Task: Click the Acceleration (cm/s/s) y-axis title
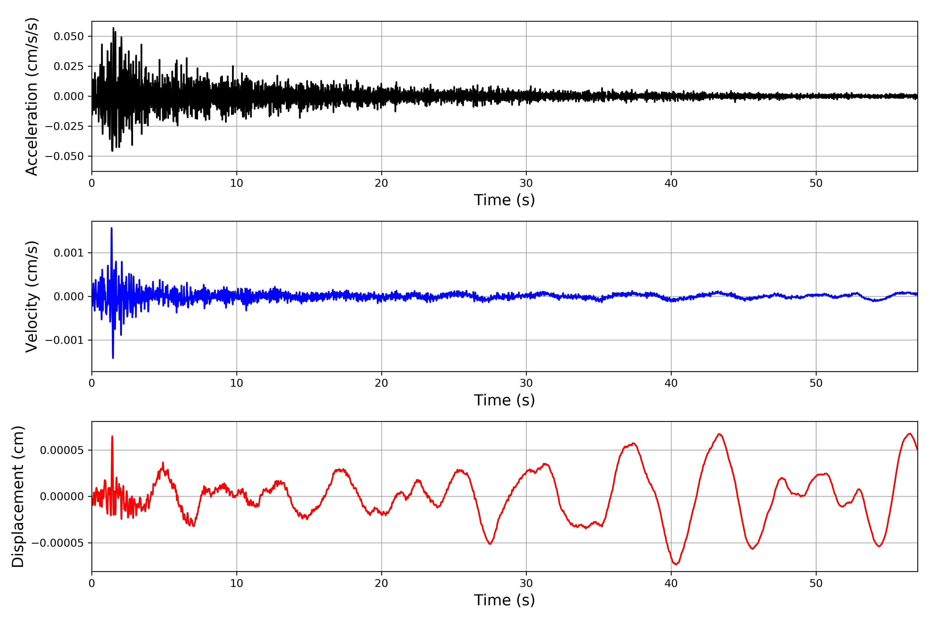click(32, 96)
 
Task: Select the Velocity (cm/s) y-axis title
click(32, 297)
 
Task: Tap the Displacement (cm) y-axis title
click(18, 497)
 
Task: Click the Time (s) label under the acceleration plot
click(504, 200)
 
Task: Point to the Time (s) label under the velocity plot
click(504, 400)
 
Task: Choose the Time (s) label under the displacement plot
click(504, 600)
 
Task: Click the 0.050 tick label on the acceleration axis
click(69, 36)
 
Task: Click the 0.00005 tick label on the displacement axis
click(62, 450)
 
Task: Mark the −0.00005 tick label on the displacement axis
click(57, 543)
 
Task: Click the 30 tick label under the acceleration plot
click(526, 183)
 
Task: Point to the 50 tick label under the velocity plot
click(816, 383)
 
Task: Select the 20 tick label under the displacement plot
click(382, 584)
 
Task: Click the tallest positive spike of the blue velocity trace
click(112, 229)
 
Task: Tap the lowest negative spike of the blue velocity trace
click(113, 358)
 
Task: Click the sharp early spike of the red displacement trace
click(112, 437)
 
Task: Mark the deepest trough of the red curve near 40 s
click(676, 564)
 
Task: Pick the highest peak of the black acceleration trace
click(113, 28)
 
